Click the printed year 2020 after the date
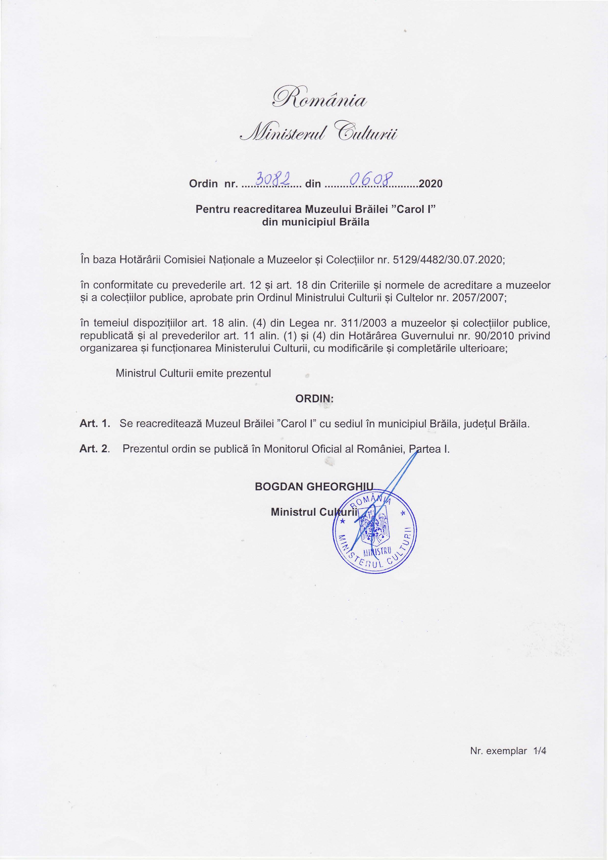431,184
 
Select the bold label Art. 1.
95,424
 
